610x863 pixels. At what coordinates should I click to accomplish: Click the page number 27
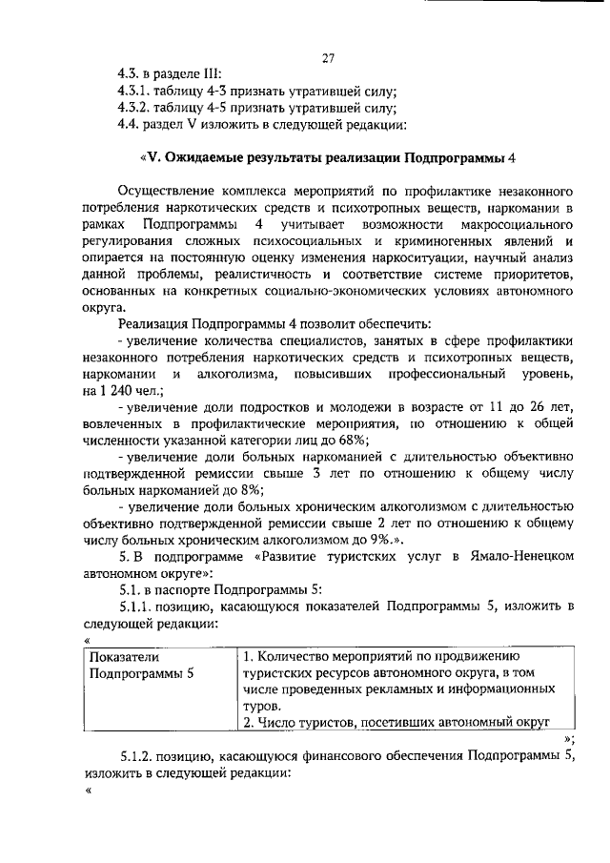pos(327,57)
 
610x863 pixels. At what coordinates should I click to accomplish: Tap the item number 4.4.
pos(128,123)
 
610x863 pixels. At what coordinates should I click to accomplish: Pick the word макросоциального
pos(511,223)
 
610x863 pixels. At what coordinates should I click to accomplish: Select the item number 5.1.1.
pos(139,608)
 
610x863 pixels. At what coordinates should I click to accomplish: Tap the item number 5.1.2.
pos(139,757)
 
